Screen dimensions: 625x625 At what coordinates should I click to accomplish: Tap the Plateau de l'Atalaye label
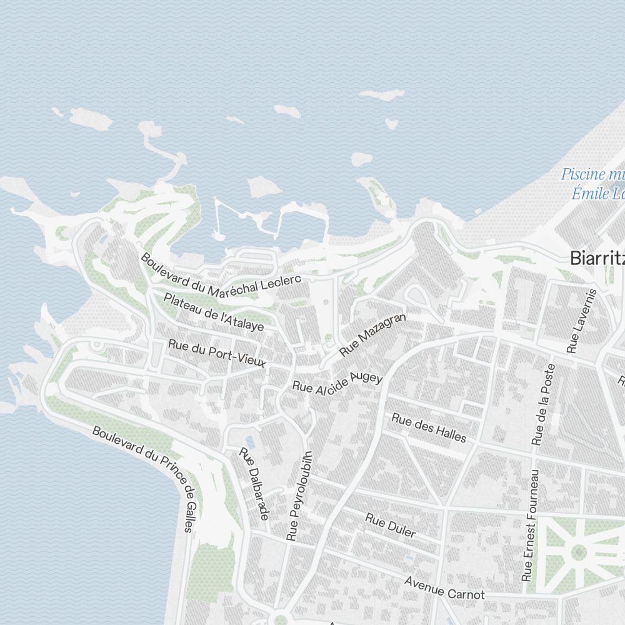pyautogui.click(x=214, y=311)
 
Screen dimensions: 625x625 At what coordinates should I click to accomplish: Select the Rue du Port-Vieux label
pyautogui.click(x=217, y=353)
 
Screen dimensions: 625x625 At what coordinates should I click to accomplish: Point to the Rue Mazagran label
pyautogui.click(x=372, y=335)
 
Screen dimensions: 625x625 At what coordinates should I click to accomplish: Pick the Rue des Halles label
pyautogui.click(x=429, y=427)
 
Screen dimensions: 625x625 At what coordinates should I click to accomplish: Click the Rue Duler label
pyautogui.click(x=391, y=525)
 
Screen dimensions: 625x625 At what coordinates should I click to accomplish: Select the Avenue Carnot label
pyautogui.click(x=444, y=587)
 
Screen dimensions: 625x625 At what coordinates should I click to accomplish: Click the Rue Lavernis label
pyautogui.click(x=582, y=321)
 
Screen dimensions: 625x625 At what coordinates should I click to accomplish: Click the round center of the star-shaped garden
pyautogui.click(x=579, y=552)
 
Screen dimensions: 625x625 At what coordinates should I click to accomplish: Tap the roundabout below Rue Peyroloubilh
pyautogui.click(x=279, y=619)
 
